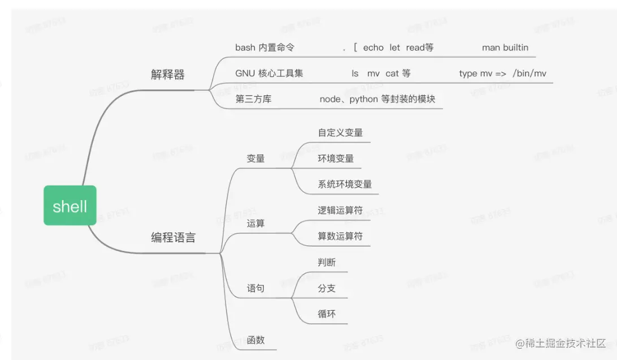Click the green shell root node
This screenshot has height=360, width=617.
[70, 206]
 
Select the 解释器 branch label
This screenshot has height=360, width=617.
[168, 75]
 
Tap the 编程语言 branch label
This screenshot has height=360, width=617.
[173, 238]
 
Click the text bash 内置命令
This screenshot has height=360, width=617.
[264, 47]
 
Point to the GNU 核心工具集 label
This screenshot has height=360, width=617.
[269, 73]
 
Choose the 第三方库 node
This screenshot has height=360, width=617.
[253, 99]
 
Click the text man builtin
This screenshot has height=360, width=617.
[505, 47]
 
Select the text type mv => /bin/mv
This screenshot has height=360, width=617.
[502, 73]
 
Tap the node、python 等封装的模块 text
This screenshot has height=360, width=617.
[377, 99]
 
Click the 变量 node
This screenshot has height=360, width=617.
[256, 158]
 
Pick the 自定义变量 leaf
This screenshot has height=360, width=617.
[340, 133]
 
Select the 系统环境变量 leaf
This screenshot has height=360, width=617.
[345, 184]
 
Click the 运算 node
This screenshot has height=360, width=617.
[256, 223]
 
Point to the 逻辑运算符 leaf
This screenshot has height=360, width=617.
[340, 210]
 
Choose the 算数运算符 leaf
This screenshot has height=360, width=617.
[340, 236]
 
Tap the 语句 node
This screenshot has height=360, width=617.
[256, 288]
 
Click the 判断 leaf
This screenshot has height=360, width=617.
[327, 262]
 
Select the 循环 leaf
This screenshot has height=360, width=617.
[327, 314]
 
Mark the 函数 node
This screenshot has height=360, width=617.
[256, 340]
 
